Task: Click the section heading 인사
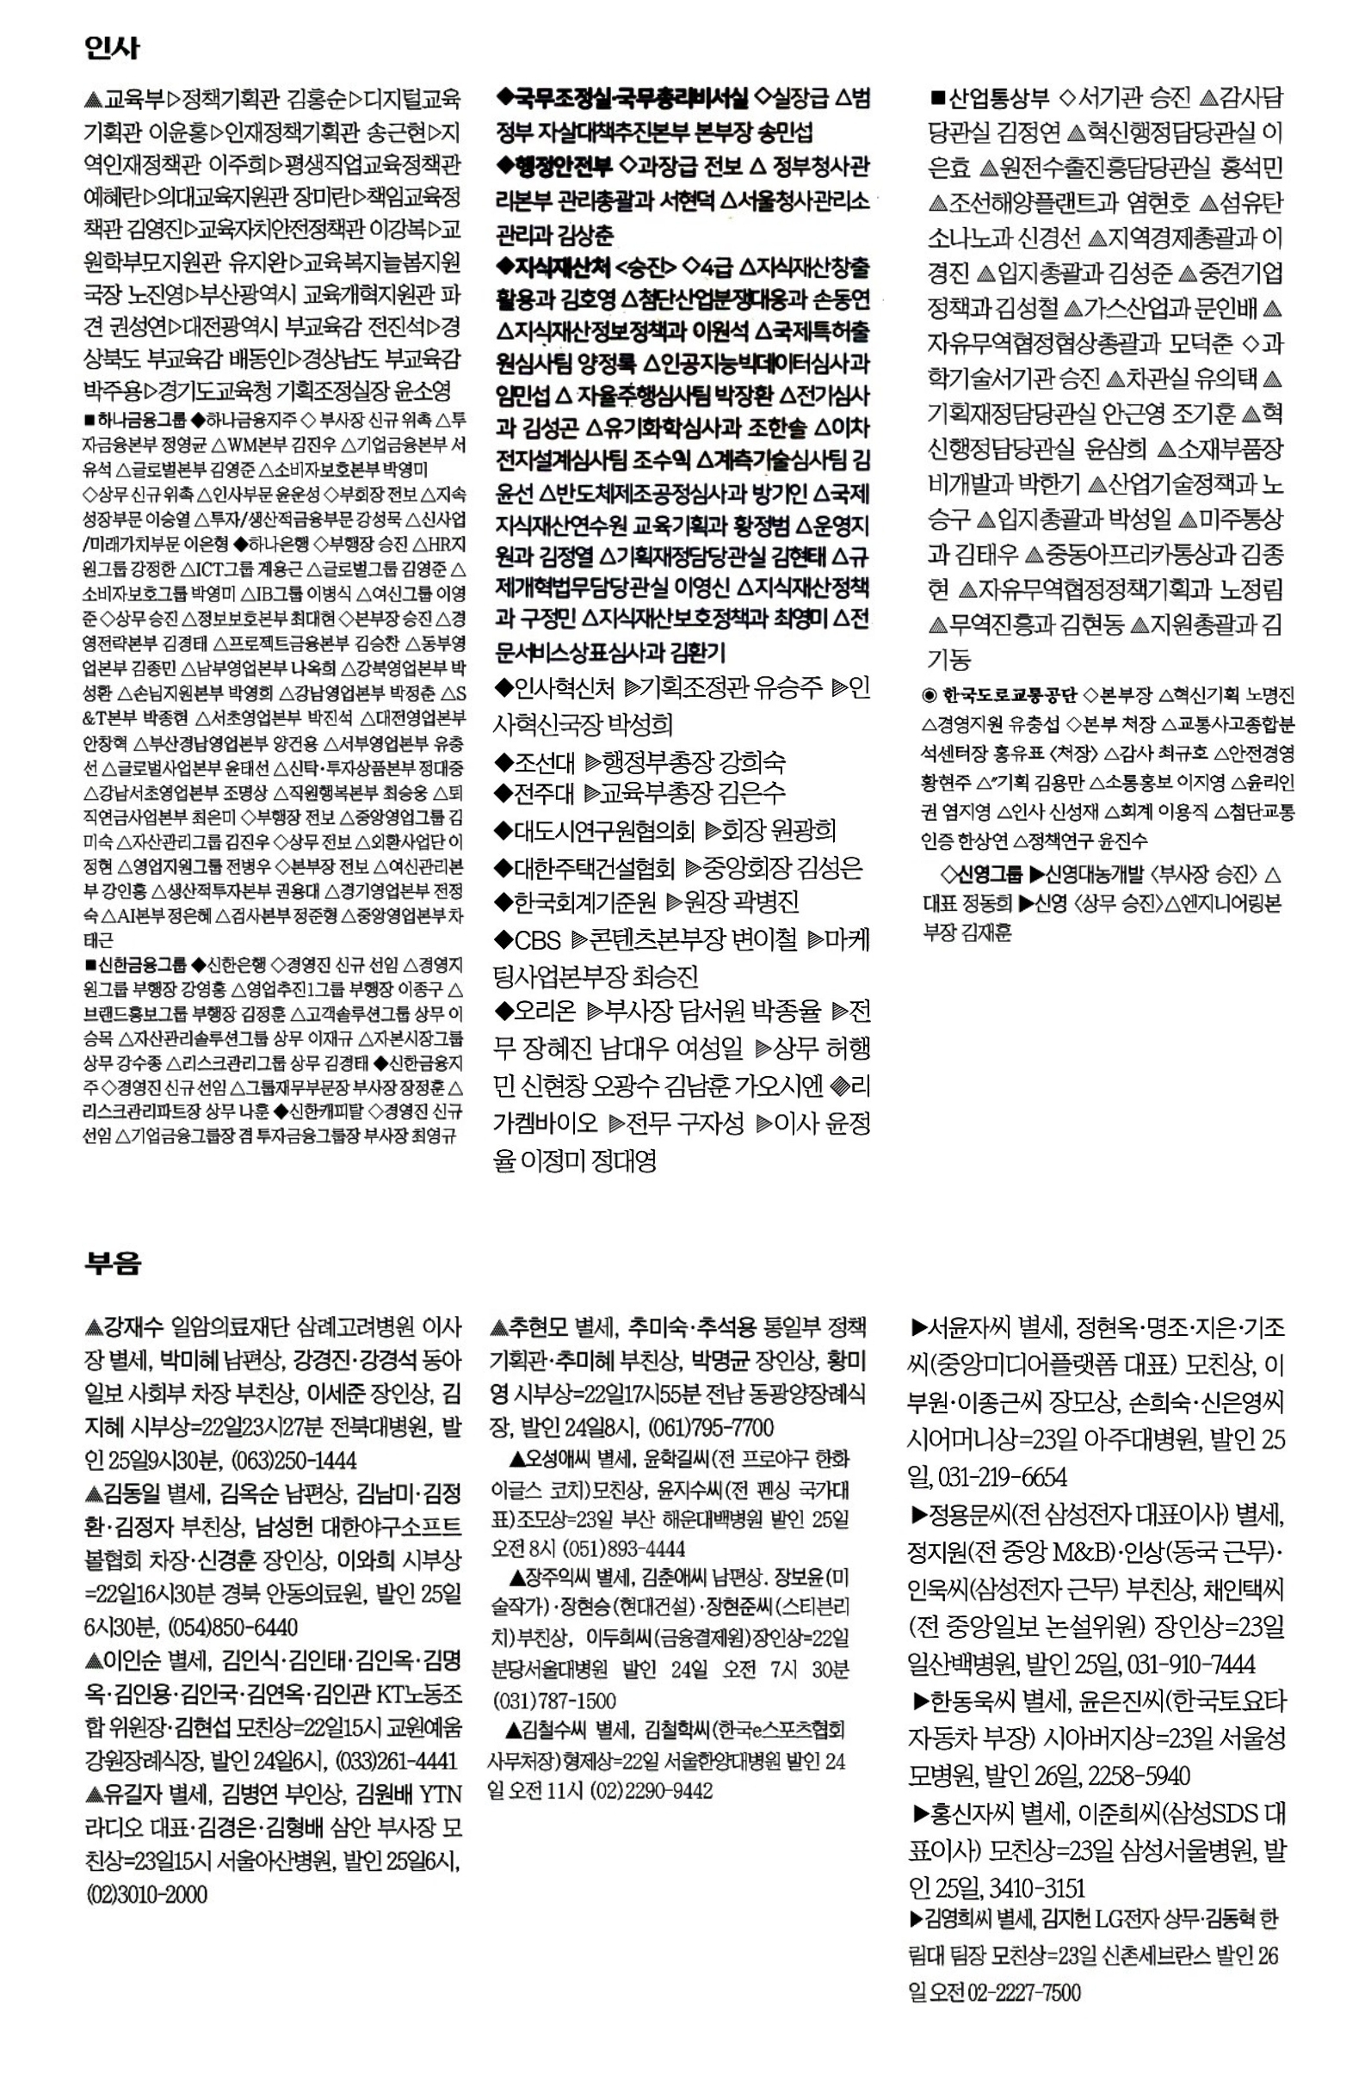point(111,46)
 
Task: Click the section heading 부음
point(112,1264)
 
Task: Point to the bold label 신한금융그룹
point(141,966)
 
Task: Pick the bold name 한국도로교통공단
point(1009,696)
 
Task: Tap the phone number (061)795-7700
point(710,1428)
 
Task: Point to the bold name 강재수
point(133,1328)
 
